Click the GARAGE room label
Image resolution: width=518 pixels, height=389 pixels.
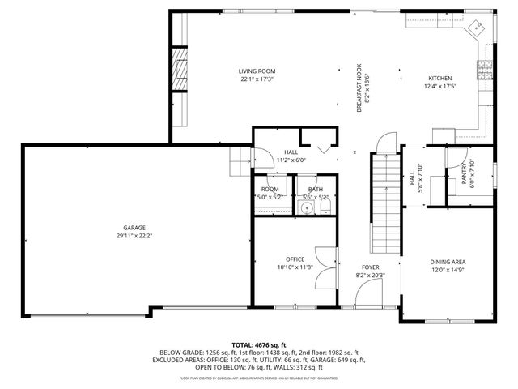[134, 229]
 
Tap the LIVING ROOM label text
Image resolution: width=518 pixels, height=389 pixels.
[257, 71]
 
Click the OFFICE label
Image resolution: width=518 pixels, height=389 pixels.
[295, 259]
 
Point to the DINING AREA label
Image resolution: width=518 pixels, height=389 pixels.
[447, 262]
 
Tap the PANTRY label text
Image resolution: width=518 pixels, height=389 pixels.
[465, 172]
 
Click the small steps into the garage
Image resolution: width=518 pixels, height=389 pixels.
[240, 165]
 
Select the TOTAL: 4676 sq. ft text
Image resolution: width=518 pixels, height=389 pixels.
[259, 344]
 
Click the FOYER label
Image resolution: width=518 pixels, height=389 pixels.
[370, 266]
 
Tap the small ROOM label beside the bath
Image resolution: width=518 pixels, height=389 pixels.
[270, 189]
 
